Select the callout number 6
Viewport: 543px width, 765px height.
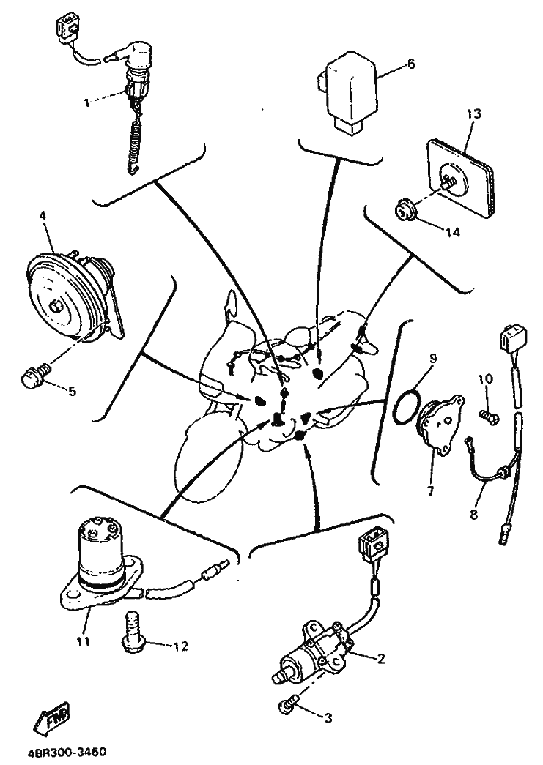coord(410,64)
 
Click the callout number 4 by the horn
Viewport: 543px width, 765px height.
coord(43,216)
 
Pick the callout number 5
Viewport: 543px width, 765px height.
coord(72,391)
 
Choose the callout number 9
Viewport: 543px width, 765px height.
coord(433,358)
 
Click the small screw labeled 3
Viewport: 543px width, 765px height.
coord(287,704)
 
